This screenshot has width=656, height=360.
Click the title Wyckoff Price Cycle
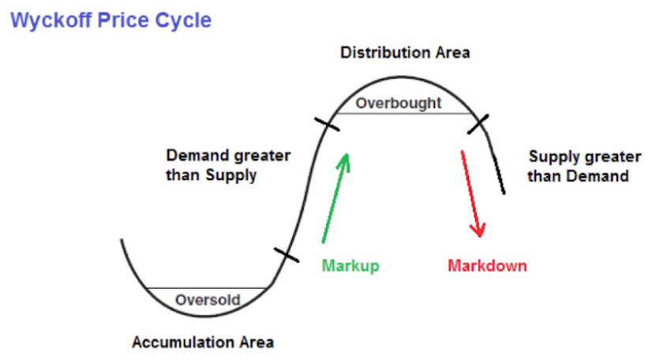[111, 19]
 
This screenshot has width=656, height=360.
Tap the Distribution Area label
[405, 53]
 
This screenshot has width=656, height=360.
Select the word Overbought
[399, 103]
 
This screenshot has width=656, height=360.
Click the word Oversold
[208, 300]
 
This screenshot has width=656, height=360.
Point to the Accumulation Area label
[203, 343]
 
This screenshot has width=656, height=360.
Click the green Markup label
[350, 265]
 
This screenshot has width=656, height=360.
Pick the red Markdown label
[487, 265]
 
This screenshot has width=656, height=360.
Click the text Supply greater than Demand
[579, 166]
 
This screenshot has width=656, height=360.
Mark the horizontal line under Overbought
[403, 114]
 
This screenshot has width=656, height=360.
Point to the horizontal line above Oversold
[208, 288]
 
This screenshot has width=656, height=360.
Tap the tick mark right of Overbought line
[477, 123]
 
